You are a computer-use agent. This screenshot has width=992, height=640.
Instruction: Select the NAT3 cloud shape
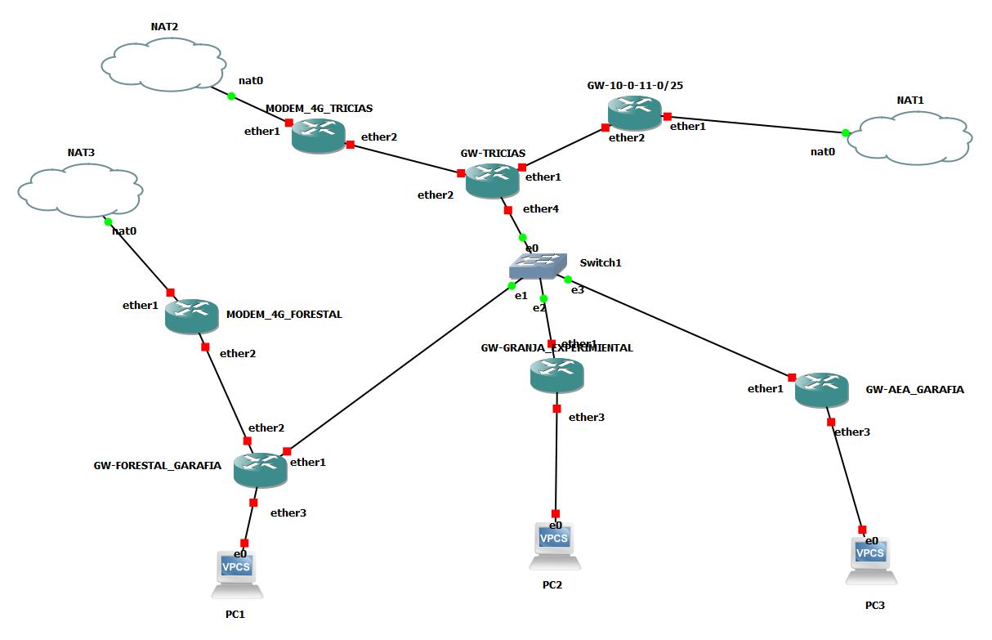[80, 189]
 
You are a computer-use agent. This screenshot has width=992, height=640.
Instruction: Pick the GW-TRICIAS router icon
[493, 180]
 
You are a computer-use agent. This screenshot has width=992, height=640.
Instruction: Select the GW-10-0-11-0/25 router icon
[634, 112]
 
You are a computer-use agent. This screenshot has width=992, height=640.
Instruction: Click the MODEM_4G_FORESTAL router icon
[191, 316]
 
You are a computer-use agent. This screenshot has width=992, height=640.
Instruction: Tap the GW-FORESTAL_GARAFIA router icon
[260, 469]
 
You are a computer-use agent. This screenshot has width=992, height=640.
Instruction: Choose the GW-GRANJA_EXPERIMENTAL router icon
[556, 374]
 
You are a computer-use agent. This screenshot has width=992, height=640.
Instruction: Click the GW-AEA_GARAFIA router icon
[821, 388]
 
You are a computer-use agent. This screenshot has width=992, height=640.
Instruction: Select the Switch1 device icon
[537, 265]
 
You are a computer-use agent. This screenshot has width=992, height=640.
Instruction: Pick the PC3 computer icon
[870, 560]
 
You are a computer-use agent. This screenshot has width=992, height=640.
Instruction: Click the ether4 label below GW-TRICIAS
[541, 209]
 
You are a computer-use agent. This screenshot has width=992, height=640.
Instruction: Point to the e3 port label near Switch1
[578, 290]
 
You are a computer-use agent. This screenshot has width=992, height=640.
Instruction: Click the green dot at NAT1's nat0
[846, 132]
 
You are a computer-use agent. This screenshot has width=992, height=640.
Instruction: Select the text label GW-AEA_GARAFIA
[914, 390]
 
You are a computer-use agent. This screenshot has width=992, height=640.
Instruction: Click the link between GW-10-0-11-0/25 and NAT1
[756, 124]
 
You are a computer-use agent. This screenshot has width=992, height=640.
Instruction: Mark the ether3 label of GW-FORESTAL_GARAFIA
[288, 513]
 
